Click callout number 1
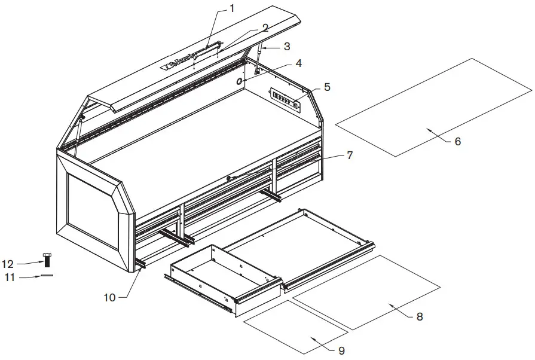click(233, 8)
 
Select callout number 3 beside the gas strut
click(287, 45)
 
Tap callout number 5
click(327, 86)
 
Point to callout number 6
click(457, 142)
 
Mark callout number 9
click(342, 350)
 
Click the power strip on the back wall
click(287, 99)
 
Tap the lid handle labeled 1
click(206, 52)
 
